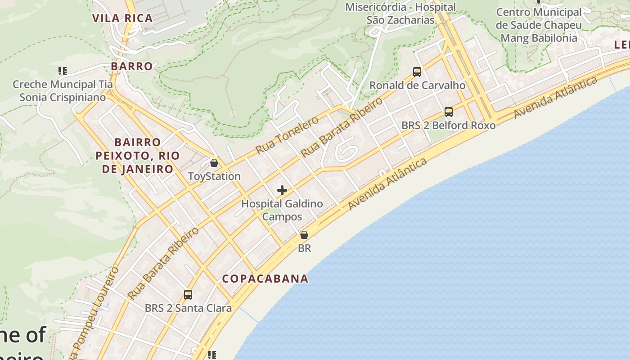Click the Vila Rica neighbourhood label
(x=122, y=18)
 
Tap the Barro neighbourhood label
(x=132, y=66)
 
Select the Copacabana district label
(x=265, y=279)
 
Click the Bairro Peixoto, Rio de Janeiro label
(x=138, y=156)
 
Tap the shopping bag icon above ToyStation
(x=214, y=162)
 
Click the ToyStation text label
(x=214, y=176)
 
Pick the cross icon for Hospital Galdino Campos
(x=282, y=190)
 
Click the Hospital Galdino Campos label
(x=282, y=210)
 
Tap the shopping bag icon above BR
(x=304, y=235)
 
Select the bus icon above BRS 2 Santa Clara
(x=188, y=295)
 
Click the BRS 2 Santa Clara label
(x=188, y=308)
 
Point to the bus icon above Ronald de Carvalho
(x=417, y=72)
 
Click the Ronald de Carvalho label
(x=417, y=85)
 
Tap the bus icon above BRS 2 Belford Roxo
(x=448, y=112)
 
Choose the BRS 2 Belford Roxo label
(x=448, y=125)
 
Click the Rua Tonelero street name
(x=287, y=135)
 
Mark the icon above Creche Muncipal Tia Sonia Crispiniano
(x=63, y=71)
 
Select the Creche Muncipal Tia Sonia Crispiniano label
(x=63, y=91)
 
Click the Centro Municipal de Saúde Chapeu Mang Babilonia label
(x=539, y=25)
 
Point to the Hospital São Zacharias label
(x=400, y=13)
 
